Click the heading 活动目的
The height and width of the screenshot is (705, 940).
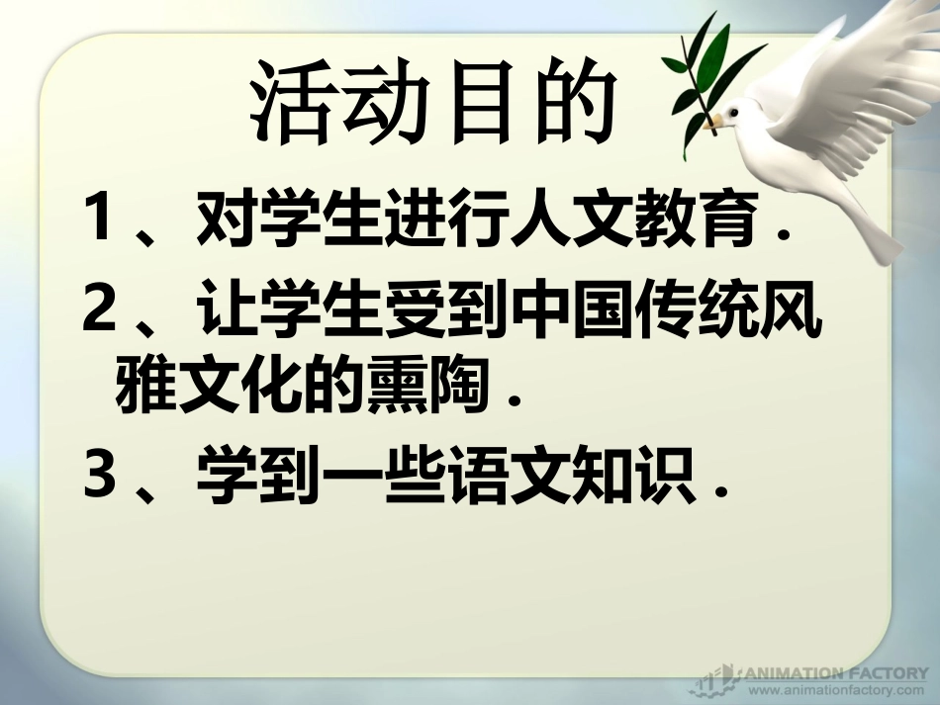[427, 102]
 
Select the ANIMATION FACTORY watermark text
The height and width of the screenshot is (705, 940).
[835, 672]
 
